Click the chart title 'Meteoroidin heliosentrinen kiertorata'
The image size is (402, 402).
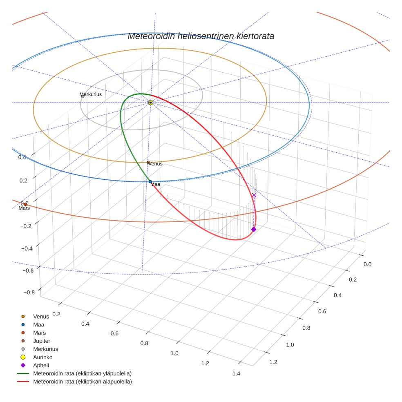[201, 36]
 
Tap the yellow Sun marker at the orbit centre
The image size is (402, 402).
[151, 102]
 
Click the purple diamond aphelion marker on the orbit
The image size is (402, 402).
[254, 229]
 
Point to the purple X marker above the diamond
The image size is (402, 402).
[254, 195]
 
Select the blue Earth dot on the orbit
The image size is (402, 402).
[150, 181]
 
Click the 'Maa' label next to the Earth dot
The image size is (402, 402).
[155, 185]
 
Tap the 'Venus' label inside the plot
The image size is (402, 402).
[155, 164]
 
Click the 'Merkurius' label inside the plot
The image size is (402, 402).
[91, 94]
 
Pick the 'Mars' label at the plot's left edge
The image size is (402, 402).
[24, 208]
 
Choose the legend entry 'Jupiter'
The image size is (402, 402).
[42, 341]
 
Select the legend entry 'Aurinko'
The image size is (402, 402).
[43, 357]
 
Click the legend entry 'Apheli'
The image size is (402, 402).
[41, 365]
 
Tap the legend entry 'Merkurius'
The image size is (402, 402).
[45, 349]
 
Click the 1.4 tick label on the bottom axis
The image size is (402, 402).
[236, 373]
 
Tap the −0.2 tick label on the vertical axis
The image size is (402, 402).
[25, 226]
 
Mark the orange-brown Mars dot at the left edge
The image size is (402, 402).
[25, 204]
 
